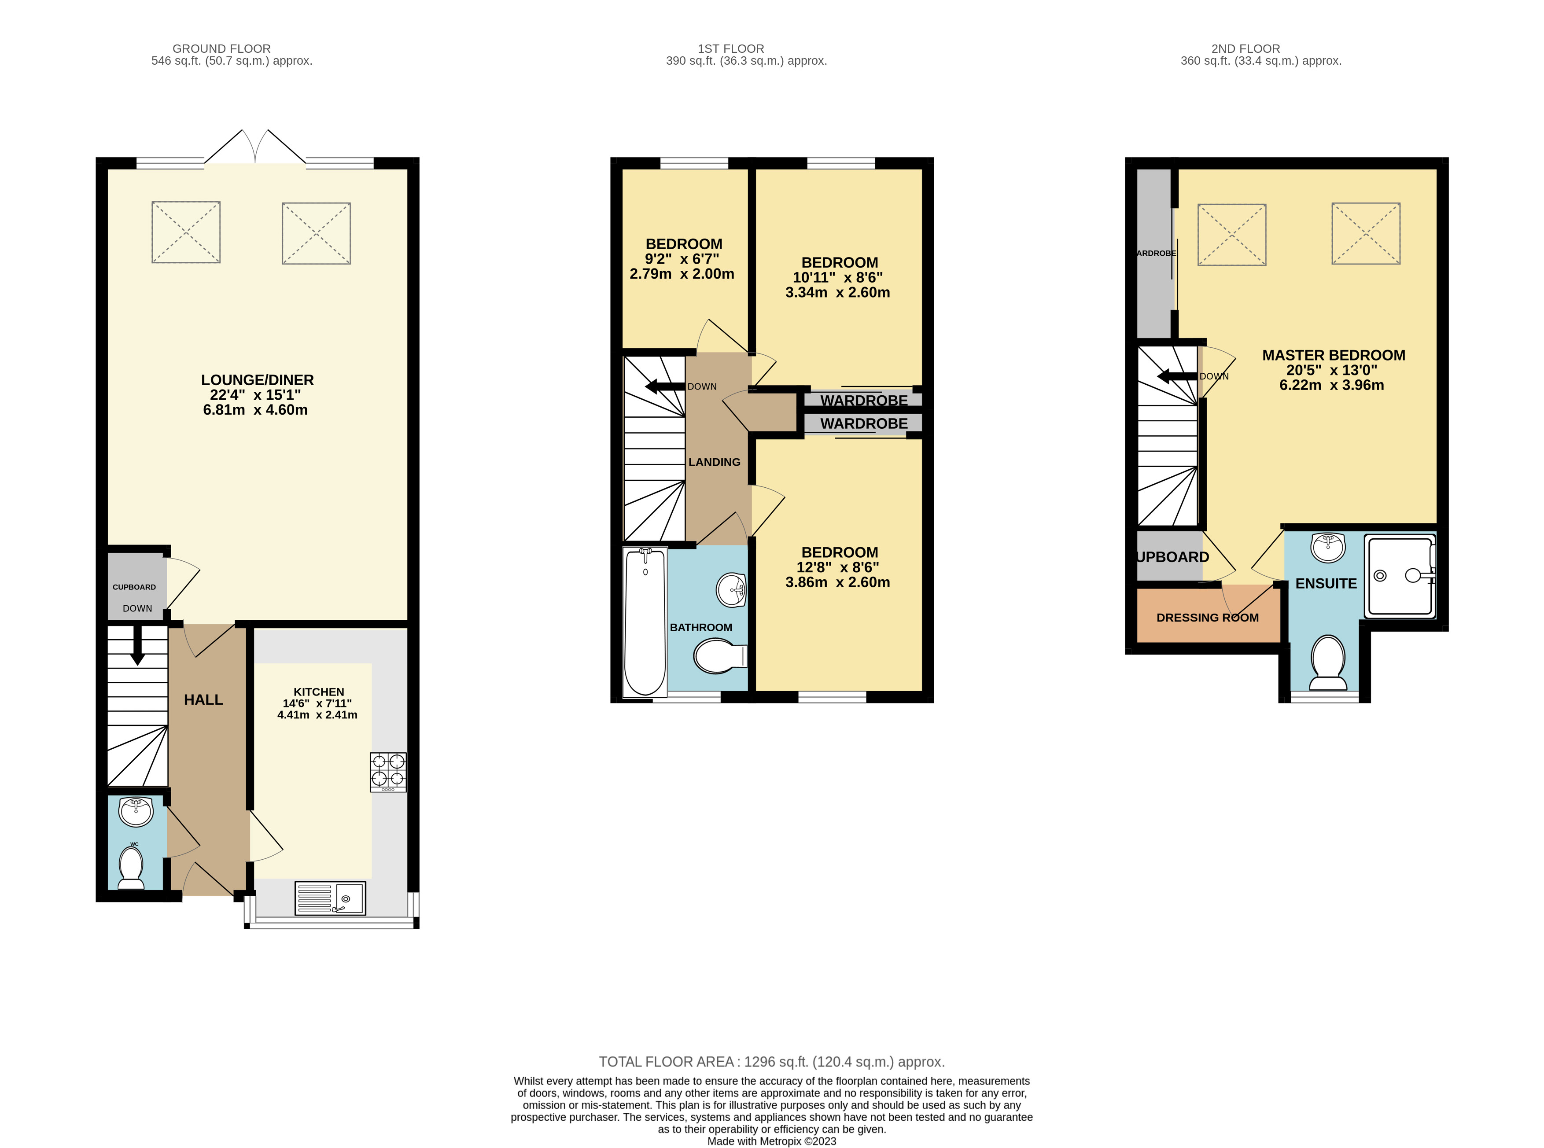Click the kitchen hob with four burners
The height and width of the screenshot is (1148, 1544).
coord(388,771)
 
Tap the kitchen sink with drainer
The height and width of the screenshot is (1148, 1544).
coord(330,898)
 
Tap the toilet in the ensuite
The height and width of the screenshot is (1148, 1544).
coord(1328,662)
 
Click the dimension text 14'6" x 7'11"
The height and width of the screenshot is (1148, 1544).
coord(317,703)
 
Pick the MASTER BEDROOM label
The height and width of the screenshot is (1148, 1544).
coord(1333,355)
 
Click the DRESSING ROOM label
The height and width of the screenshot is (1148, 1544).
coord(1207,618)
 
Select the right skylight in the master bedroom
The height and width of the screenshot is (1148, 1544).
coord(1365,233)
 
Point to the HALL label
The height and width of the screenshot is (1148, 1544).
coord(203,700)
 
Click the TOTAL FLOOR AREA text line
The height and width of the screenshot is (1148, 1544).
coord(771,1062)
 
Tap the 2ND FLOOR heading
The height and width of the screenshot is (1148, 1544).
coord(1245,49)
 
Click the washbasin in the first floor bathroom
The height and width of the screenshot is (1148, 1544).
coord(730,590)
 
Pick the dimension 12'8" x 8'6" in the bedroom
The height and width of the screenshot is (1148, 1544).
coord(837,567)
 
